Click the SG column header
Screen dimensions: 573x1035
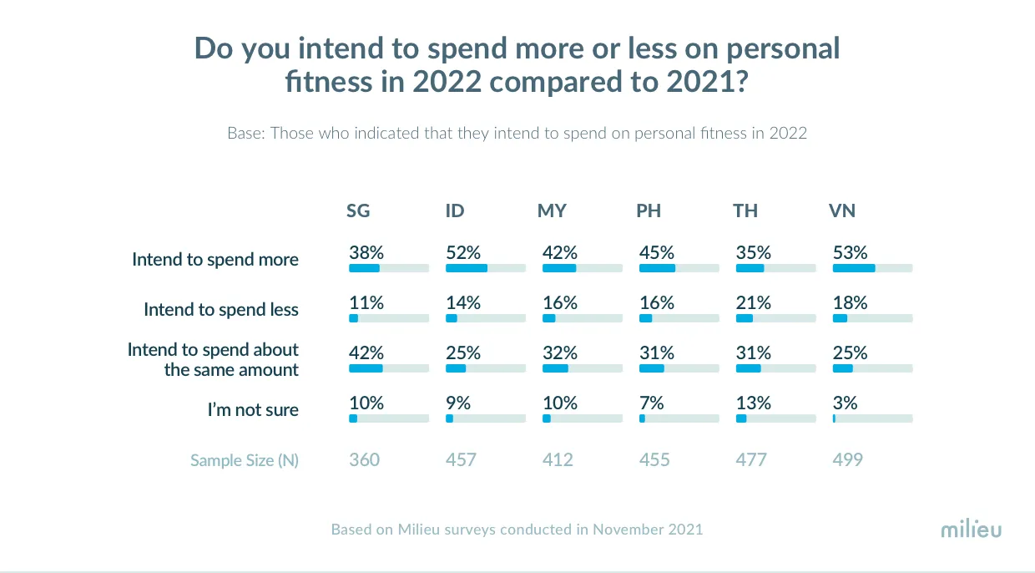(x=358, y=211)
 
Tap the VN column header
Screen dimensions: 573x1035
(x=842, y=211)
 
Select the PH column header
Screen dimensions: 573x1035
(x=649, y=211)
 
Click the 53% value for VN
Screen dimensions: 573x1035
(x=851, y=253)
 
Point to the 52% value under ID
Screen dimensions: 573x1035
(x=463, y=253)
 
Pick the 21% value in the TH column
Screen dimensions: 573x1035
(x=754, y=303)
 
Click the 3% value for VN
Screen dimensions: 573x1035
(x=846, y=403)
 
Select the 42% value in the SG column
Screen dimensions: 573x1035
(x=366, y=353)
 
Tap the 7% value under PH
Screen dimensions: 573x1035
(x=652, y=403)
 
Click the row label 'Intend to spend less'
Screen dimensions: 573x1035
(x=220, y=310)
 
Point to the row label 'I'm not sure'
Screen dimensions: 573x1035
(x=253, y=410)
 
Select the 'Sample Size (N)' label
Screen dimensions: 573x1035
(x=244, y=460)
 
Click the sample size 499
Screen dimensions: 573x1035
(x=848, y=460)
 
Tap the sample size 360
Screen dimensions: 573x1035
(x=364, y=460)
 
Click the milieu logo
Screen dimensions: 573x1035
(x=971, y=530)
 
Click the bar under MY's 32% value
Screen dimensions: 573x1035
(x=582, y=368)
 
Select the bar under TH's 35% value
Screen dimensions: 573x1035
(x=775, y=268)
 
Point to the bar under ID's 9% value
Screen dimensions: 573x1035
(x=485, y=418)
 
